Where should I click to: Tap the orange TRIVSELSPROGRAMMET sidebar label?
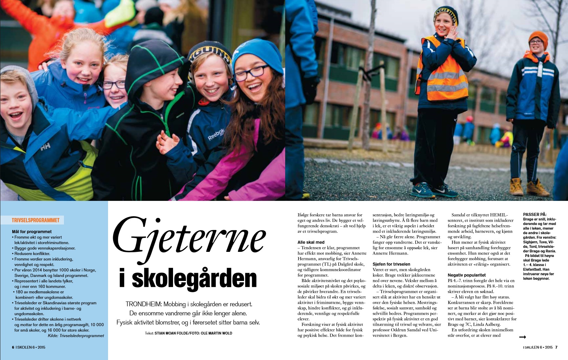[36, 220]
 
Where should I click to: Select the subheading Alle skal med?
[311, 242]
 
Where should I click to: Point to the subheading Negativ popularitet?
[466, 275]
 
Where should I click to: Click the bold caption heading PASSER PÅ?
[534, 215]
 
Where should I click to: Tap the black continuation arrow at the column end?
[523, 337]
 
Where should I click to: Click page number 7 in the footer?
[556, 347]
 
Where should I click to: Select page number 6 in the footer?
[13, 347]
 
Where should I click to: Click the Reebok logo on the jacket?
[216, 134]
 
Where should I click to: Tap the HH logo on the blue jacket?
[45, 146]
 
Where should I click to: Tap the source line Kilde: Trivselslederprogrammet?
[76, 336]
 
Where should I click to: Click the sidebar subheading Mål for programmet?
[32, 232]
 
